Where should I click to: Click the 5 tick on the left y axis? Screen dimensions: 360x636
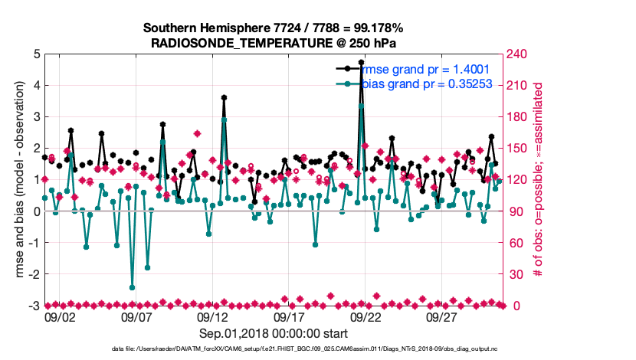tap(37, 54)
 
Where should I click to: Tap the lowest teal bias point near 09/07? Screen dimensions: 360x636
tap(132, 287)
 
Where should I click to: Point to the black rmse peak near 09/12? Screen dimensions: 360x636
tap(224, 98)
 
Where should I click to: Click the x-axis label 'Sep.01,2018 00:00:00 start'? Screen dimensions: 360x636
tap(274, 333)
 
